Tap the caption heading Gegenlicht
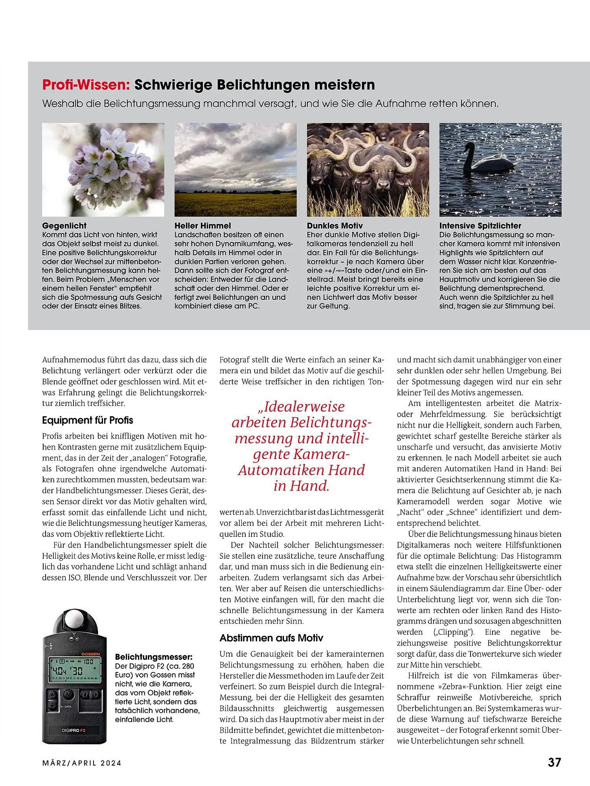pos(64,226)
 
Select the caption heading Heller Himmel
pos(202,226)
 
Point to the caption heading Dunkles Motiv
pos(335,226)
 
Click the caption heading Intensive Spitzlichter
pos(480,226)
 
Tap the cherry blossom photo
pos(103,169)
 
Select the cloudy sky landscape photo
pos(235,169)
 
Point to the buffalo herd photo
pos(368,169)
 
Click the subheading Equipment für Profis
pos(87,420)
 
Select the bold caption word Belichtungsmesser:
pos(154,657)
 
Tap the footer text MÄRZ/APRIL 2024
pos(81,763)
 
